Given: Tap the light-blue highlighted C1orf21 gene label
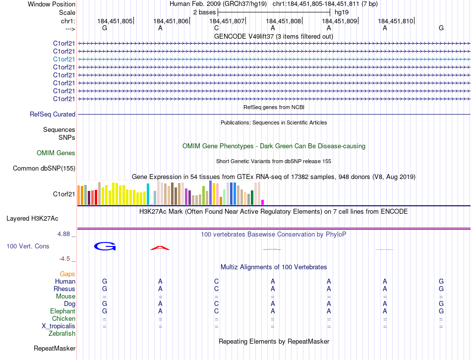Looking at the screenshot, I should pyautogui.click(x=64, y=59).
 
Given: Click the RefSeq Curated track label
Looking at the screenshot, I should pyautogui.click(x=53, y=115).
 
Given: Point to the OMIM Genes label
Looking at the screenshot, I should pyautogui.click(x=56, y=153).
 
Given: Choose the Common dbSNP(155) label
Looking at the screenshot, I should pyautogui.click(x=44, y=169).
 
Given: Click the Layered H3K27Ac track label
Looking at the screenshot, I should pyautogui.click(x=32, y=218).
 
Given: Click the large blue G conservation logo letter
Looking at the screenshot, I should pyautogui.click(x=105, y=246).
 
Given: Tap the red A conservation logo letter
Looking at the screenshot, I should pyautogui.click(x=160, y=247).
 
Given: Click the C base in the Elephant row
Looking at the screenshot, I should pyautogui.click(x=216, y=311).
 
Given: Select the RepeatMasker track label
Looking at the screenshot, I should pyautogui.click(x=54, y=349).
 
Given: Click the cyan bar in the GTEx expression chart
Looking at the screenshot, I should pyautogui.click(x=148, y=194).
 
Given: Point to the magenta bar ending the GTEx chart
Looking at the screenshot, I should pyautogui.click(x=262, y=202).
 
